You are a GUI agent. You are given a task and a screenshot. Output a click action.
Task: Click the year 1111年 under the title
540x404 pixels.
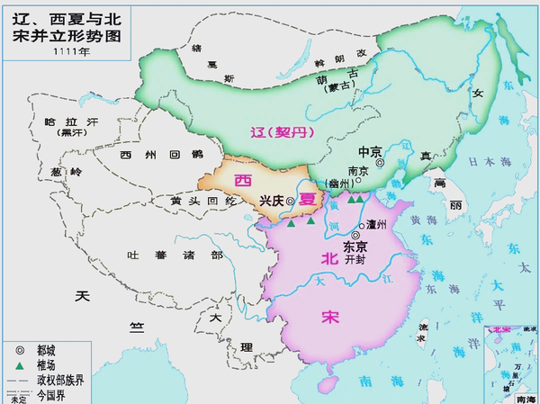pyautogui.click(x=67, y=51)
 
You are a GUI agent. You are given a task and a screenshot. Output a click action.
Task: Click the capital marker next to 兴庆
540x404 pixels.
pyautogui.click(x=290, y=215)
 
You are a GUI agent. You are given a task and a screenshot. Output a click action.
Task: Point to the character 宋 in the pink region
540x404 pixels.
pyautogui.click(x=331, y=317)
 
